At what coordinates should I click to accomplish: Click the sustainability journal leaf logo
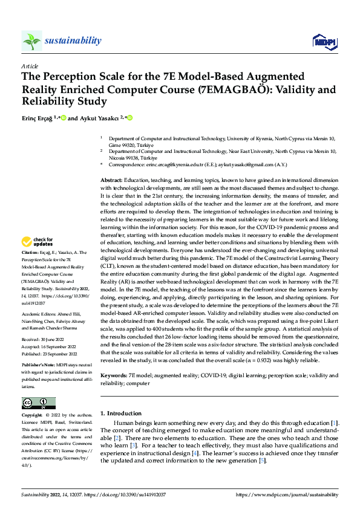click(x=31, y=41)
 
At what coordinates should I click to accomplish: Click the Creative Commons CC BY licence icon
click(x=38, y=403)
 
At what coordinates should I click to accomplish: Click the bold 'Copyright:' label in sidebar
click(x=33, y=416)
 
